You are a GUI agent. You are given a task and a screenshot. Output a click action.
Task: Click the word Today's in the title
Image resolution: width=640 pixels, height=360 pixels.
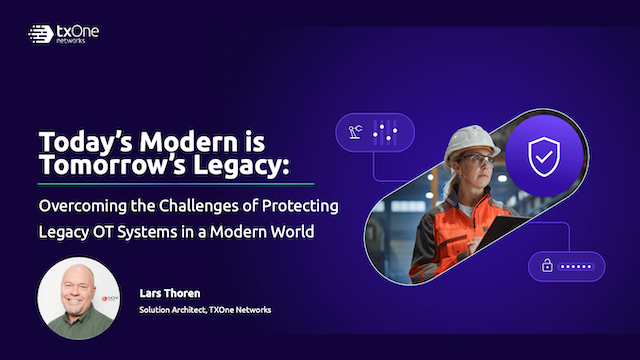pos(74,140)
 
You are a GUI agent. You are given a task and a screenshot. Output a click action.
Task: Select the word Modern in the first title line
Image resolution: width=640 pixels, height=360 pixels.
pos(167,140)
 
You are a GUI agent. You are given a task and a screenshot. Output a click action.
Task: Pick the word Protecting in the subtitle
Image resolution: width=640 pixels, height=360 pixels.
pos(299,207)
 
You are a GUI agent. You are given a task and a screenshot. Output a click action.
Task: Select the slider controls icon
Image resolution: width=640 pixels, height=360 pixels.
pos(384,131)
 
